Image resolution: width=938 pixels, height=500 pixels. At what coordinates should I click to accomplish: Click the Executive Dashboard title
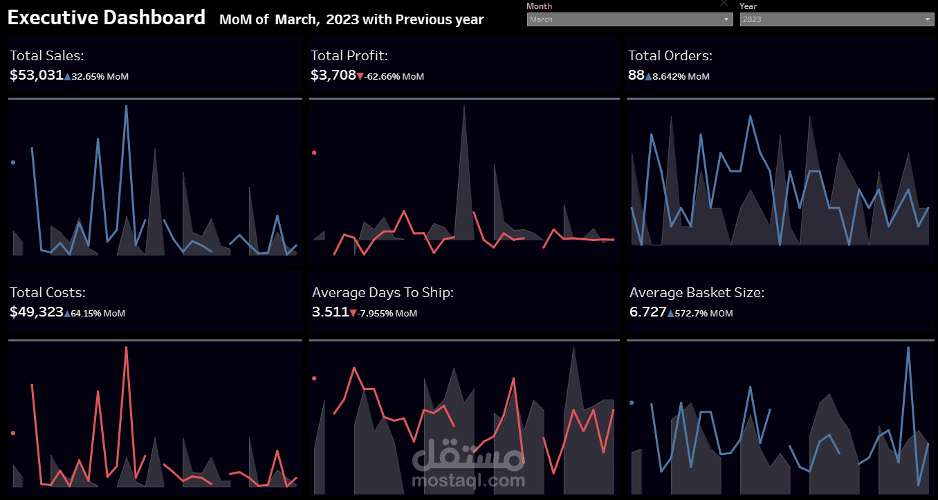(107, 17)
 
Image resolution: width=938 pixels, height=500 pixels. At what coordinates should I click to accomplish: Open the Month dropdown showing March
(629, 19)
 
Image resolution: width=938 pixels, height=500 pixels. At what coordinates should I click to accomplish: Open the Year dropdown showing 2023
(837, 19)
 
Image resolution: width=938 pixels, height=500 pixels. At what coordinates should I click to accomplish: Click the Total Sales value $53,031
(37, 75)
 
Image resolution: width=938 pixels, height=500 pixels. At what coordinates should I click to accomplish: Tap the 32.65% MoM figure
(100, 76)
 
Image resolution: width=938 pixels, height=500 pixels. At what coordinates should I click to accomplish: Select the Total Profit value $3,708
(333, 75)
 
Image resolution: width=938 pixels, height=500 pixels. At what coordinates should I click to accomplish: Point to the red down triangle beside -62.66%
(360, 76)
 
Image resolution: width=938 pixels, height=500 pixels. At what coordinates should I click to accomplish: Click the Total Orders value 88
(636, 75)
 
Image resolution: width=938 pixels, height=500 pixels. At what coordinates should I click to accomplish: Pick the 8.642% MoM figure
(681, 76)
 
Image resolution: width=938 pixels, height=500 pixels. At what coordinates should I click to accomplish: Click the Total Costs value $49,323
(37, 312)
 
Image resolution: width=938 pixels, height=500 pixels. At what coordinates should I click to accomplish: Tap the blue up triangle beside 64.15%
(67, 313)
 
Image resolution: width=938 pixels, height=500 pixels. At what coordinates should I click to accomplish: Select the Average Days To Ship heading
(383, 292)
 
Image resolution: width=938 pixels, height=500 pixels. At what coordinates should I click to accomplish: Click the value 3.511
(331, 312)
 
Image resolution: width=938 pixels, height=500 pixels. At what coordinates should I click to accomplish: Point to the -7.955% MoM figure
(387, 313)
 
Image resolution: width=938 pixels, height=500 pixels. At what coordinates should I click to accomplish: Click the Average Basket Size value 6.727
(647, 312)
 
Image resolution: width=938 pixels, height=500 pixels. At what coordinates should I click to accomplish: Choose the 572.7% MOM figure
(703, 313)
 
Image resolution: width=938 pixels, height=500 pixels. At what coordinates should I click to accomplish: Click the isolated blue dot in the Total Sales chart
(13, 162)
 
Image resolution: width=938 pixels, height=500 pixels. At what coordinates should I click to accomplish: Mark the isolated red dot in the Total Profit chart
(314, 152)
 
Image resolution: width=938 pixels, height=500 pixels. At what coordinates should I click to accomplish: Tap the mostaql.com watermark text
(468, 481)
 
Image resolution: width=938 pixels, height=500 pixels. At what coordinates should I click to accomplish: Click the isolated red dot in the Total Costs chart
(13, 433)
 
